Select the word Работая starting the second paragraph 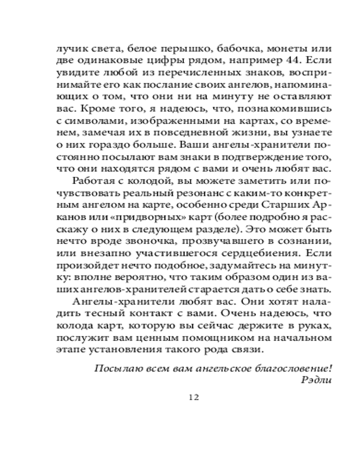[93, 182]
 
